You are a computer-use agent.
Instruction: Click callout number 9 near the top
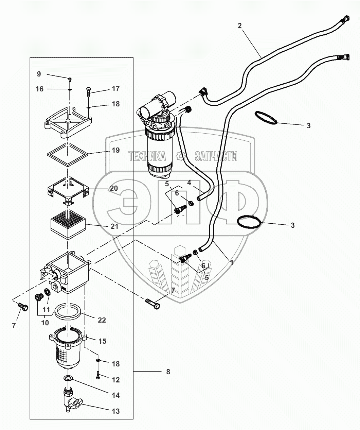pos(39,74)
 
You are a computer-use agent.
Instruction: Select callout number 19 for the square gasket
pos(116,150)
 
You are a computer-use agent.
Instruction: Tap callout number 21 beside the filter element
pos(115,226)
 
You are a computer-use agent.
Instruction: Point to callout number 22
pos(102,320)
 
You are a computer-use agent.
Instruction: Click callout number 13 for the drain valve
pos(116,411)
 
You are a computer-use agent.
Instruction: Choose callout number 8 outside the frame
pos(168,372)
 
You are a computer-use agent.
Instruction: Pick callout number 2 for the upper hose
pos(240,26)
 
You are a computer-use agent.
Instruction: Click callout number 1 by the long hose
pos(232,262)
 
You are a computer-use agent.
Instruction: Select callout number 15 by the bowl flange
pos(102,341)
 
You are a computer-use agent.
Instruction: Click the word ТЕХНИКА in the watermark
pos(147,156)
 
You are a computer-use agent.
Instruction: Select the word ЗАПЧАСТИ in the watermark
pos(216,156)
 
